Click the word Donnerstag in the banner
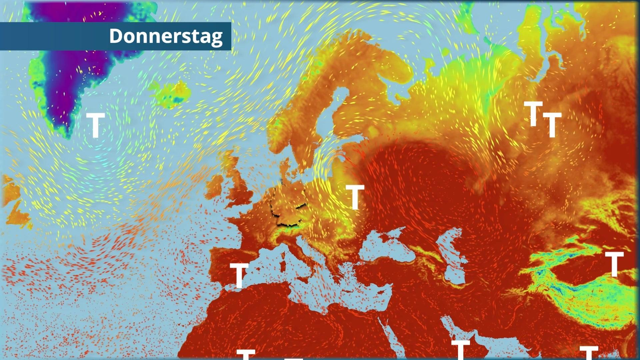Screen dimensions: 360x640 click(x=166, y=36)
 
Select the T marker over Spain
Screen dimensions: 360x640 click(x=239, y=275)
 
